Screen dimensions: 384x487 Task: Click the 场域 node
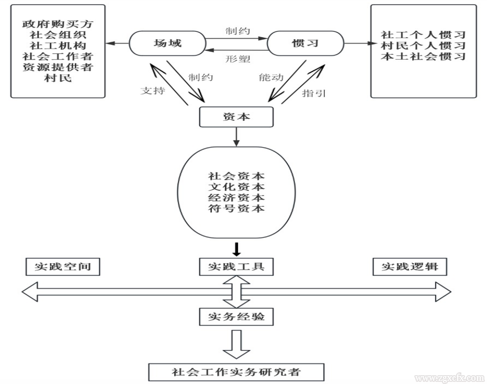[x=167, y=43]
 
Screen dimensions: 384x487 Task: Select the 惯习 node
[x=305, y=43]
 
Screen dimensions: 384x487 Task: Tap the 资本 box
[x=236, y=117]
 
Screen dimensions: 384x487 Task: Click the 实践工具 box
[x=236, y=267]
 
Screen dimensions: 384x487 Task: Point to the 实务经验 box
[x=236, y=317]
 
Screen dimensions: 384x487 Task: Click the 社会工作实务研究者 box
[x=236, y=372]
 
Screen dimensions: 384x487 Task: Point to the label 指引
[x=314, y=93]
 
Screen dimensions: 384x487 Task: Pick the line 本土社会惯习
[x=424, y=57]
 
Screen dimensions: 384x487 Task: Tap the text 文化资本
[x=236, y=187]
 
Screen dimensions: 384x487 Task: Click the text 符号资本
[x=236, y=209]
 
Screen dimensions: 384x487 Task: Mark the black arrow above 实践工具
[x=236, y=249]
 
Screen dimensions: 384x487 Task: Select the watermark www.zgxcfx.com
[x=449, y=378]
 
